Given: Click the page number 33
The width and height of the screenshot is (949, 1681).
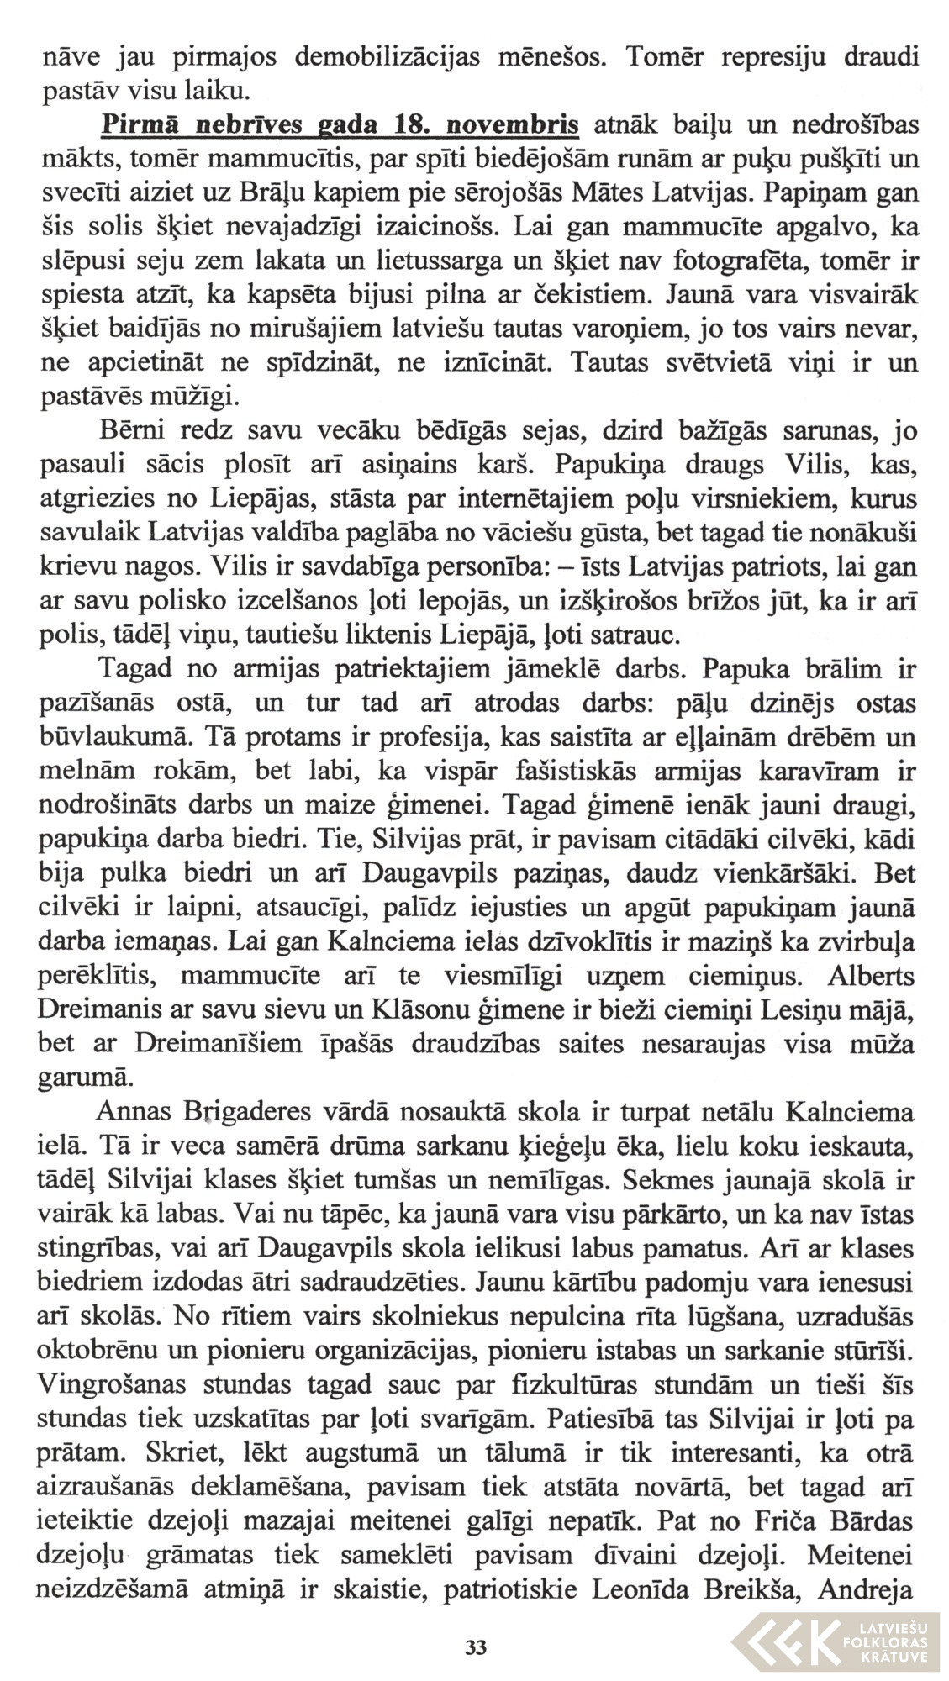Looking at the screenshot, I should coord(475,1645).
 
